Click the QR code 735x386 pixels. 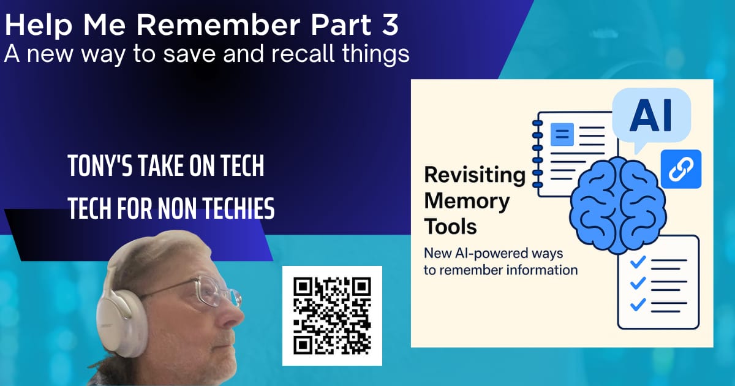tap(332, 316)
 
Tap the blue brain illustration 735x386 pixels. tap(618, 206)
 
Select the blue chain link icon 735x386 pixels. tap(681, 169)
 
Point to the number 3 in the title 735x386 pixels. tap(390, 25)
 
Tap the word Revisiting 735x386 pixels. tap(475, 175)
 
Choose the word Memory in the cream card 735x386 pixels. tap(467, 201)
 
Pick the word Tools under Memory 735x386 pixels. tap(450, 227)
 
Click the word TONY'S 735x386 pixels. tap(100, 166)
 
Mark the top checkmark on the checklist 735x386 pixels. tap(638, 262)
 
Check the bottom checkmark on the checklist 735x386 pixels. tap(638, 305)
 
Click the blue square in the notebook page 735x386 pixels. tap(562, 134)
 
